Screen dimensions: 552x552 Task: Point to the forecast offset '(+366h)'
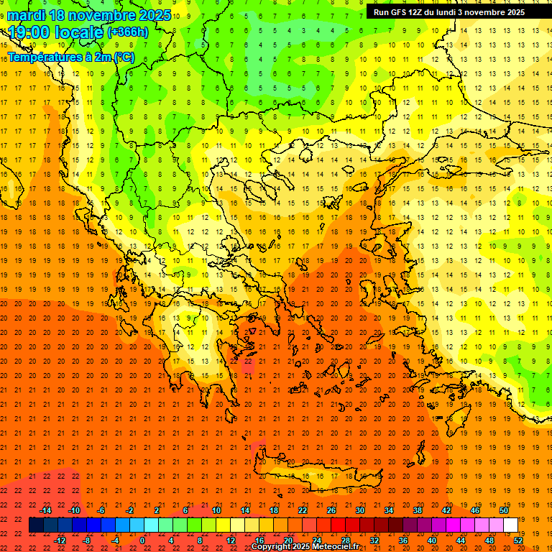(x=127, y=32)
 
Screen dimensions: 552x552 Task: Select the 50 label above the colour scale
(x=505, y=510)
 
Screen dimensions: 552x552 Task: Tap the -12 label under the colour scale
(x=60, y=540)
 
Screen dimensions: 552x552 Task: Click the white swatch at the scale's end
(x=510, y=525)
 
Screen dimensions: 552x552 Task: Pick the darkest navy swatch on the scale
(x=36, y=525)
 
